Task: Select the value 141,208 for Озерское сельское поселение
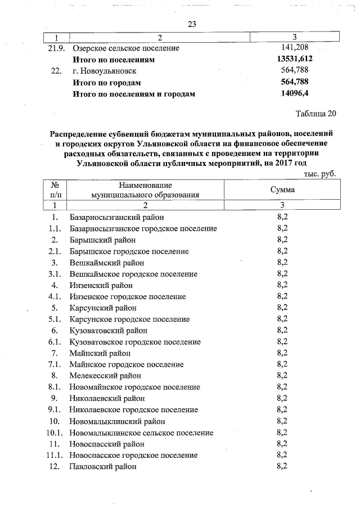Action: click(x=294, y=48)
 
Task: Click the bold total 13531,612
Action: click(x=294, y=60)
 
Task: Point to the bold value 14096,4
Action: click(x=294, y=94)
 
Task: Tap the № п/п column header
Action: click(x=55, y=190)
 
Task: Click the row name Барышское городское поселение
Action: click(x=129, y=251)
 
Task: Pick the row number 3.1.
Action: click(x=55, y=274)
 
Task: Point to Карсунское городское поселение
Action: click(x=130, y=319)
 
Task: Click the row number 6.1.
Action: click(x=55, y=342)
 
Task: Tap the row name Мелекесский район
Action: click(x=105, y=376)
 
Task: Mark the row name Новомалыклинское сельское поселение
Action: click(x=142, y=433)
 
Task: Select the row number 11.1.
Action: click(x=53, y=455)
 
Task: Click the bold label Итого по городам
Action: click(x=106, y=83)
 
